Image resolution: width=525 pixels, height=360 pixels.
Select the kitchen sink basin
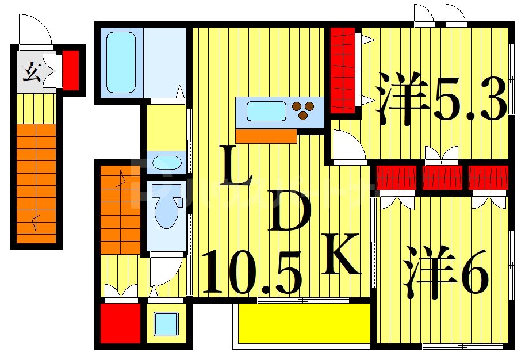[266, 110]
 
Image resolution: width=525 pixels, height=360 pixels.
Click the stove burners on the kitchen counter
[303, 109]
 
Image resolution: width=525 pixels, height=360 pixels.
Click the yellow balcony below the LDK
[304, 323]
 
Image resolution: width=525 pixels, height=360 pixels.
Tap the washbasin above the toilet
[167, 162]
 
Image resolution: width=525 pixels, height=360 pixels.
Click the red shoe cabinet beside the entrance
[70, 70]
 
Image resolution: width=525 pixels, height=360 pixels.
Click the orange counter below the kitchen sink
[266, 136]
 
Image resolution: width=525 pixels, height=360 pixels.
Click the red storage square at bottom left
[121, 323]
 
